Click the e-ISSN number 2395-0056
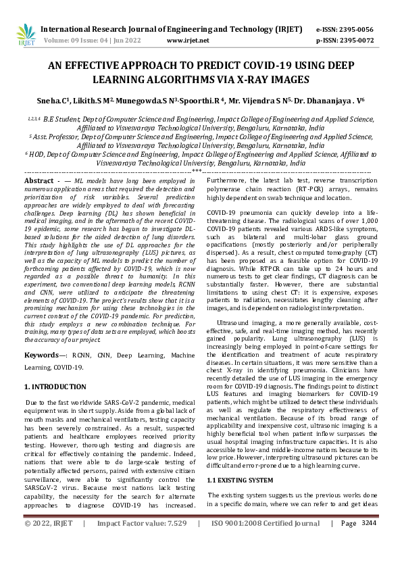[x=359, y=30]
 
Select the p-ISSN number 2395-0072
[x=359, y=41]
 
